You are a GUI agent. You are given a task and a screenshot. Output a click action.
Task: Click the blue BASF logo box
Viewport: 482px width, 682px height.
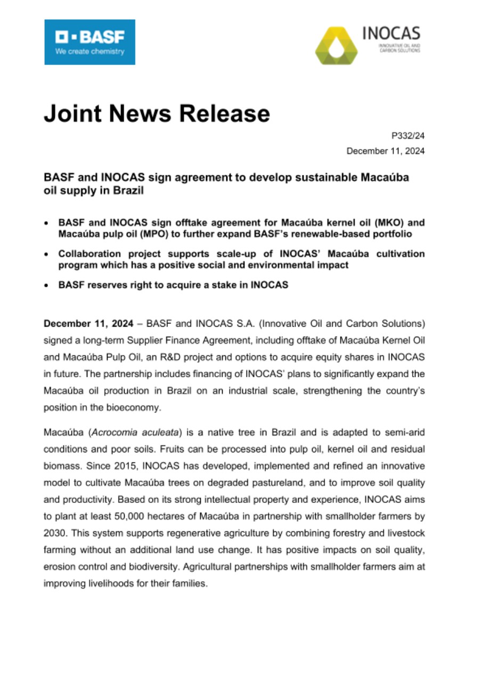pyautogui.click(x=89, y=42)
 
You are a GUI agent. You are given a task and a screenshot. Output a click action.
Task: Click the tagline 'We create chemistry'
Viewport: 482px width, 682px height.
pyautogui.click(x=89, y=52)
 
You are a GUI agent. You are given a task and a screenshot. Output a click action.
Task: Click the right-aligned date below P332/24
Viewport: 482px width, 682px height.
pyautogui.click(x=386, y=151)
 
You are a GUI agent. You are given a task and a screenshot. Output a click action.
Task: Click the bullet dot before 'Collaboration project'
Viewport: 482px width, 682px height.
pyautogui.click(x=48, y=254)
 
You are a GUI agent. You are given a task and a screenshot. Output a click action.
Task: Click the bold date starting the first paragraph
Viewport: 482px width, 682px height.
pyautogui.click(x=87, y=323)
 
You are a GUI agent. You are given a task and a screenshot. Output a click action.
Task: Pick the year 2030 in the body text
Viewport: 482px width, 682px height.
pyautogui.click(x=54, y=533)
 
